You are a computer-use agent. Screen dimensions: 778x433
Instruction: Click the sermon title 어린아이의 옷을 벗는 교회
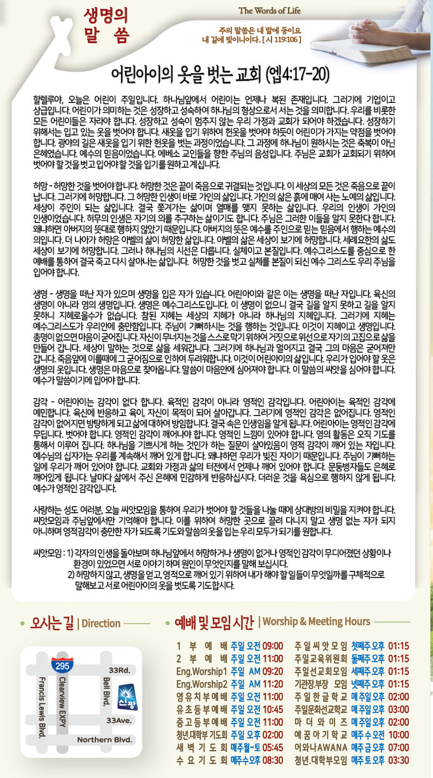tap(184, 74)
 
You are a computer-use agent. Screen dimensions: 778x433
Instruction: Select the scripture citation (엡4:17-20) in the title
tap(297, 74)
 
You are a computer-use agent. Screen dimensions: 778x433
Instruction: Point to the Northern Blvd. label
tap(104, 740)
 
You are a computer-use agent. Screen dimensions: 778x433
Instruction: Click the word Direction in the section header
tap(101, 623)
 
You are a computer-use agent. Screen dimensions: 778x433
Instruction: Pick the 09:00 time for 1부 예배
tap(272, 646)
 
